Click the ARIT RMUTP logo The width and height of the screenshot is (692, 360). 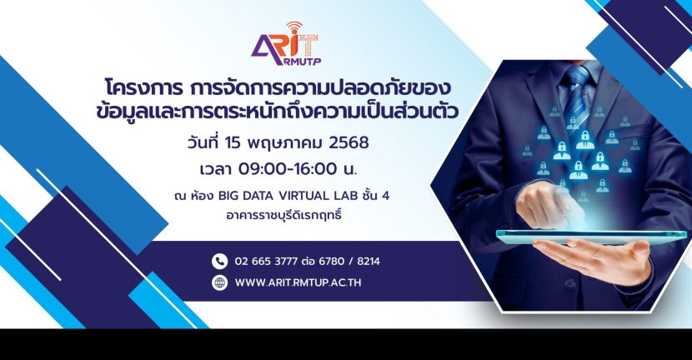point(286,44)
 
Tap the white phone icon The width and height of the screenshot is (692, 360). point(219,261)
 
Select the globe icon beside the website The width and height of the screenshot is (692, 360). point(219,282)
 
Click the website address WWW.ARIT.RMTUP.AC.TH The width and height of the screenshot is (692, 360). point(298,282)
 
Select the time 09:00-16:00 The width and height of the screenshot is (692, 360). point(288,169)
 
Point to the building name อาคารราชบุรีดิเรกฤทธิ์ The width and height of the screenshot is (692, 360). point(283,216)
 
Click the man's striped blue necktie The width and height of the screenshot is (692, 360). point(576,99)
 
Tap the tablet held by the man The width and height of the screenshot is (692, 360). point(591,237)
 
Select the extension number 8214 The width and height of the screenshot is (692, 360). point(369,261)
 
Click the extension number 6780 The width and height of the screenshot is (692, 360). point(332,261)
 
